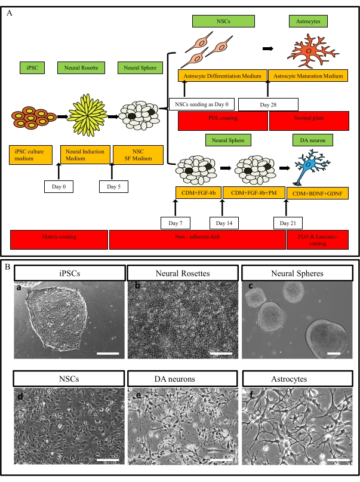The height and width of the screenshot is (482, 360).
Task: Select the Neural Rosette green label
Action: click(x=79, y=68)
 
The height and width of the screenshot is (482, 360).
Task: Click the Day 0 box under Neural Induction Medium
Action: click(x=59, y=186)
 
